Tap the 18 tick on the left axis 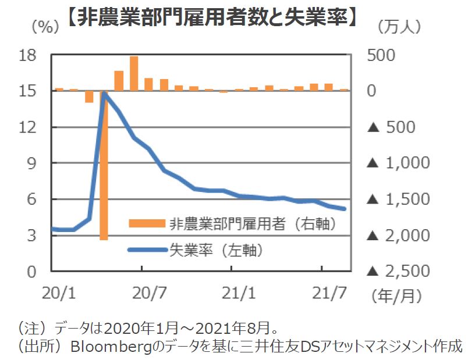pyautogui.click(x=29, y=55)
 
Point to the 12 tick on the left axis pyautogui.click(x=29, y=127)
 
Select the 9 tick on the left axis pyautogui.click(x=33, y=163)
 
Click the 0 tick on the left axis pyautogui.click(x=33, y=271)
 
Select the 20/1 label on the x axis pyautogui.click(x=58, y=293)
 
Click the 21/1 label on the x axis pyautogui.click(x=237, y=293)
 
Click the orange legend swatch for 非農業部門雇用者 pyautogui.click(x=147, y=223)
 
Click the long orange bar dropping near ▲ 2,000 pyautogui.click(x=104, y=174)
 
